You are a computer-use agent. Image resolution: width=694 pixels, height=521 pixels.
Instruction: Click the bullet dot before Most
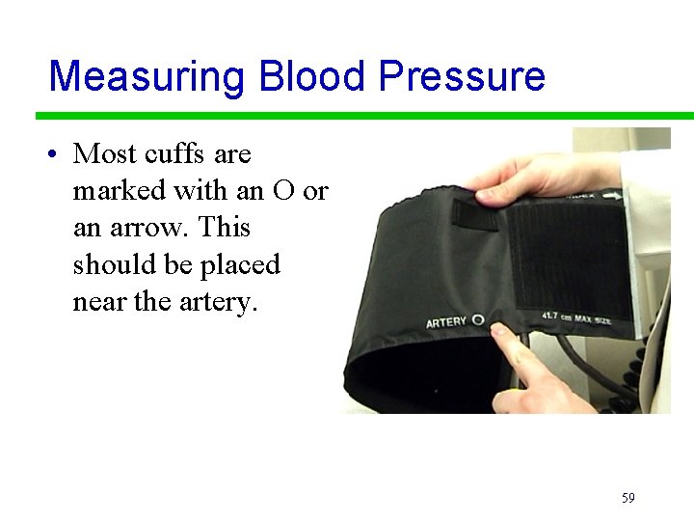pos(59,154)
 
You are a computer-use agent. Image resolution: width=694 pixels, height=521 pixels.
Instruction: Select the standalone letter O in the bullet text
pos(283,191)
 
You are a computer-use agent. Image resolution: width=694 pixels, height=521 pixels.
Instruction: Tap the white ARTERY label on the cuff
pos(447,321)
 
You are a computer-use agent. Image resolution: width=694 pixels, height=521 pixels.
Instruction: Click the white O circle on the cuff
pos(478,319)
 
